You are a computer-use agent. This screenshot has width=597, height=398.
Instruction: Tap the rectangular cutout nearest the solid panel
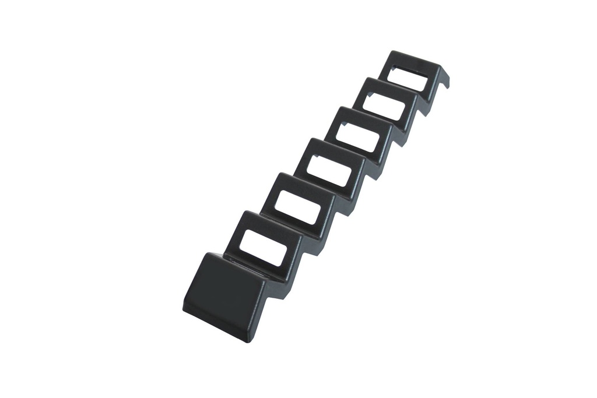261,248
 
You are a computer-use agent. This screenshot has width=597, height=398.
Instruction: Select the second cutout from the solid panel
297,207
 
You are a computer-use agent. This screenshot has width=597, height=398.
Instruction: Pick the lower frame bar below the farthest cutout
402,91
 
